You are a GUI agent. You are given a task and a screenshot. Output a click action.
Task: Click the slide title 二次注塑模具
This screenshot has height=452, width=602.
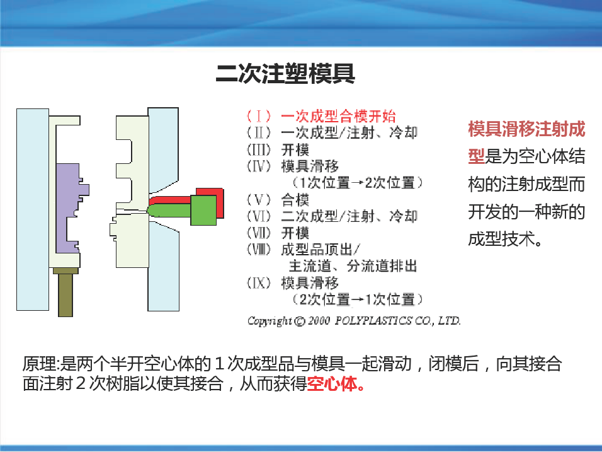coord(285,74)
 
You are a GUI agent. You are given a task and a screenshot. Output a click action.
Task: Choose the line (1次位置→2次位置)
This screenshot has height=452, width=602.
coord(358,182)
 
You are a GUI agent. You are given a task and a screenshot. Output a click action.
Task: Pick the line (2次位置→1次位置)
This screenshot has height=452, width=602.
coord(358,299)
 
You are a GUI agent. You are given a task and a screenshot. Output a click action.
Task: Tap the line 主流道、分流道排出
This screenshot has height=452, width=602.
coord(353,265)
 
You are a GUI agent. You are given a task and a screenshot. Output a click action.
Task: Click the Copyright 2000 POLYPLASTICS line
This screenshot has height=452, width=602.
coord(354,320)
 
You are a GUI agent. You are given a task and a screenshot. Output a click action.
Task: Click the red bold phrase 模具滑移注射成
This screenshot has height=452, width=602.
coord(526,129)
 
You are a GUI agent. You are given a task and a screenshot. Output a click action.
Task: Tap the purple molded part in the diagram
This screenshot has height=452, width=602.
coord(69,207)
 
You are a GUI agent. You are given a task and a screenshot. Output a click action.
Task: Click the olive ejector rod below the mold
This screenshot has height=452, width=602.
coord(65,292)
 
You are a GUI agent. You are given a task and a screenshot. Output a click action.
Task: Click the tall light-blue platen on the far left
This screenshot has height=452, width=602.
coord(33,209)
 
